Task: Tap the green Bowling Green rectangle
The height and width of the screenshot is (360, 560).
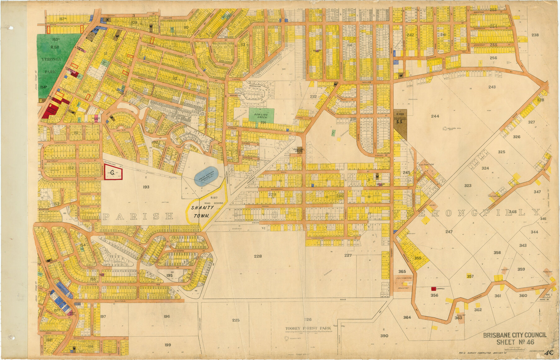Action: (261, 115)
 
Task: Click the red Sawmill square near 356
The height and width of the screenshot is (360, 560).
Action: (433, 289)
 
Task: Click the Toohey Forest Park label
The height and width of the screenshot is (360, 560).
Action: (308, 328)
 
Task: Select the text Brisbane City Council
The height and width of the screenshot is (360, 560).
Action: (515, 335)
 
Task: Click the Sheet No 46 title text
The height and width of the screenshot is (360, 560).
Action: (515, 342)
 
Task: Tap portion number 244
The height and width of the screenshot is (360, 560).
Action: (435, 116)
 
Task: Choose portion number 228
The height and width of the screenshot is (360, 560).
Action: (258, 256)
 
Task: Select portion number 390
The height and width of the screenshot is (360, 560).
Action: (384, 336)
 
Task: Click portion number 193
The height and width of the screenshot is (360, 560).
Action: (146, 187)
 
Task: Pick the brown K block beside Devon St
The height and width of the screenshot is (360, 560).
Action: (107, 20)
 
